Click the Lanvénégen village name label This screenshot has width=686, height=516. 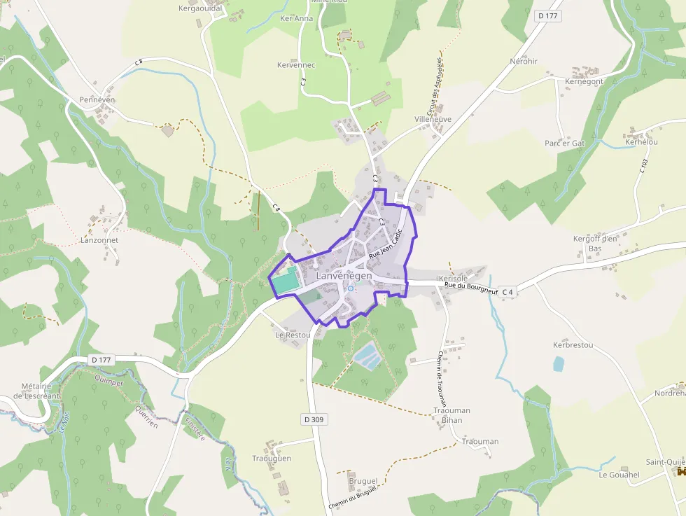[x=344, y=276]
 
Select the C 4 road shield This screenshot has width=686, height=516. [x=507, y=291]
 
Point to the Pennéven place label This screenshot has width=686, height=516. [x=97, y=100]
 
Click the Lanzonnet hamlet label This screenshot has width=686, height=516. [x=99, y=240]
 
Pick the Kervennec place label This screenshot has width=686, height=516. [x=297, y=65]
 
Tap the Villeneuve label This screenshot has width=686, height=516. [x=433, y=120]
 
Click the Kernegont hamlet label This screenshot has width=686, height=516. [x=584, y=82]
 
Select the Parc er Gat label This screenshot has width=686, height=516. [x=564, y=144]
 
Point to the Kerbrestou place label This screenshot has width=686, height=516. [x=573, y=345]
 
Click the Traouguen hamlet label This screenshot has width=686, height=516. [x=272, y=459]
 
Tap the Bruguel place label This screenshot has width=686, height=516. [x=363, y=482]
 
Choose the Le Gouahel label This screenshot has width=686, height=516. [x=619, y=475]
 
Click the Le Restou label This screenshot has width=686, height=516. [x=293, y=335]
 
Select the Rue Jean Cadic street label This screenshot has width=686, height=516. [x=386, y=246]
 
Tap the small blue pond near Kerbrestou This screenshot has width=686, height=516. [x=558, y=363]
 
